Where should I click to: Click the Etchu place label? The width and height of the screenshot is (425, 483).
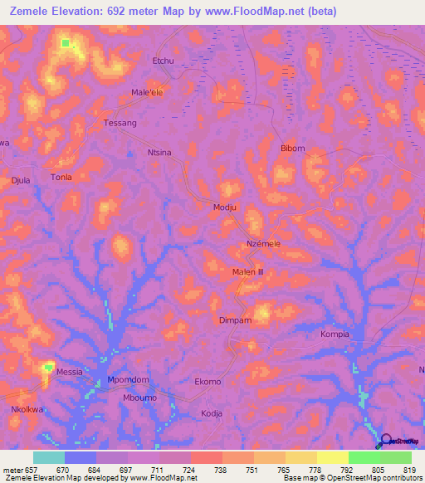click(x=162, y=61)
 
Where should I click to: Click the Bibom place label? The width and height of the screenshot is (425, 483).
click(x=293, y=149)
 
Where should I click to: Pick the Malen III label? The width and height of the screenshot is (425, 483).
click(x=247, y=271)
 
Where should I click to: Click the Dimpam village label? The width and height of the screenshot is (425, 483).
click(x=235, y=319)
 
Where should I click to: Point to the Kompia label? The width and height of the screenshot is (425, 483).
click(x=335, y=334)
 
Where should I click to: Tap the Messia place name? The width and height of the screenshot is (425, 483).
click(x=69, y=372)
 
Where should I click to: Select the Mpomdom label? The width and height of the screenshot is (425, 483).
click(x=128, y=380)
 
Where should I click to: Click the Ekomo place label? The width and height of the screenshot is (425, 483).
click(x=208, y=382)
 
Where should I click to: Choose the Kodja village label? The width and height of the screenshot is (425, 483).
click(x=212, y=412)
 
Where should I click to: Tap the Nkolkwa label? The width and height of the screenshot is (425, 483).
click(x=27, y=409)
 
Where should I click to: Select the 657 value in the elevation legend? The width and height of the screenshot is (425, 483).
click(x=32, y=469)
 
